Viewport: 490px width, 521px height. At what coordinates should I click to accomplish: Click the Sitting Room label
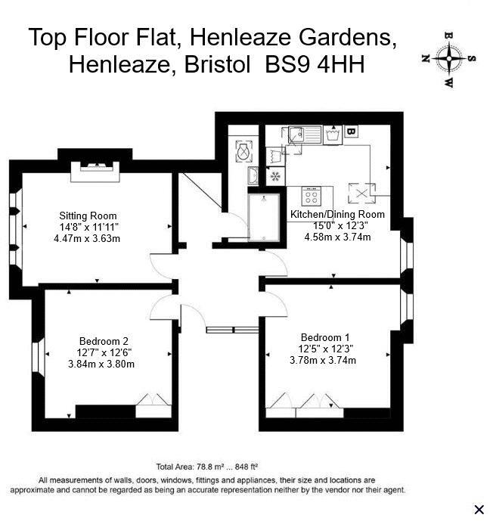pyautogui.click(x=88, y=214)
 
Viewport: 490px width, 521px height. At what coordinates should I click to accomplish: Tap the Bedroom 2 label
pyautogui.click(x=104, y=340)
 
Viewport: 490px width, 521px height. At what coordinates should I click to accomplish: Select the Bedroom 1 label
pyautogui.click(x=325, y=336)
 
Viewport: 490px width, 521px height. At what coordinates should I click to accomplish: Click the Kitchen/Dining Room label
pyautogui.click(x=337, y=214)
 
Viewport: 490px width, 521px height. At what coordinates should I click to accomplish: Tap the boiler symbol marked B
pyautogui.click(x=350, y=132)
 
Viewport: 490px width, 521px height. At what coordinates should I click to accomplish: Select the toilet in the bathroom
pyautogui.click(x=243, y=151)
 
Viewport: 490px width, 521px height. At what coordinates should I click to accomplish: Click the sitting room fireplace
pyautogui.click(x=95, y=171)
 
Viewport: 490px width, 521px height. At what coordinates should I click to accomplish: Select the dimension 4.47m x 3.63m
pyautogui.click(x=88, y=238)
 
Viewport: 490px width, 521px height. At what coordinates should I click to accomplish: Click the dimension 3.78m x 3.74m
pyautogui.click(x=323, y=360)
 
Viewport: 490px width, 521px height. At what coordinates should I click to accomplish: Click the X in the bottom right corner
pyautogui.click(x=478, y=509)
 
